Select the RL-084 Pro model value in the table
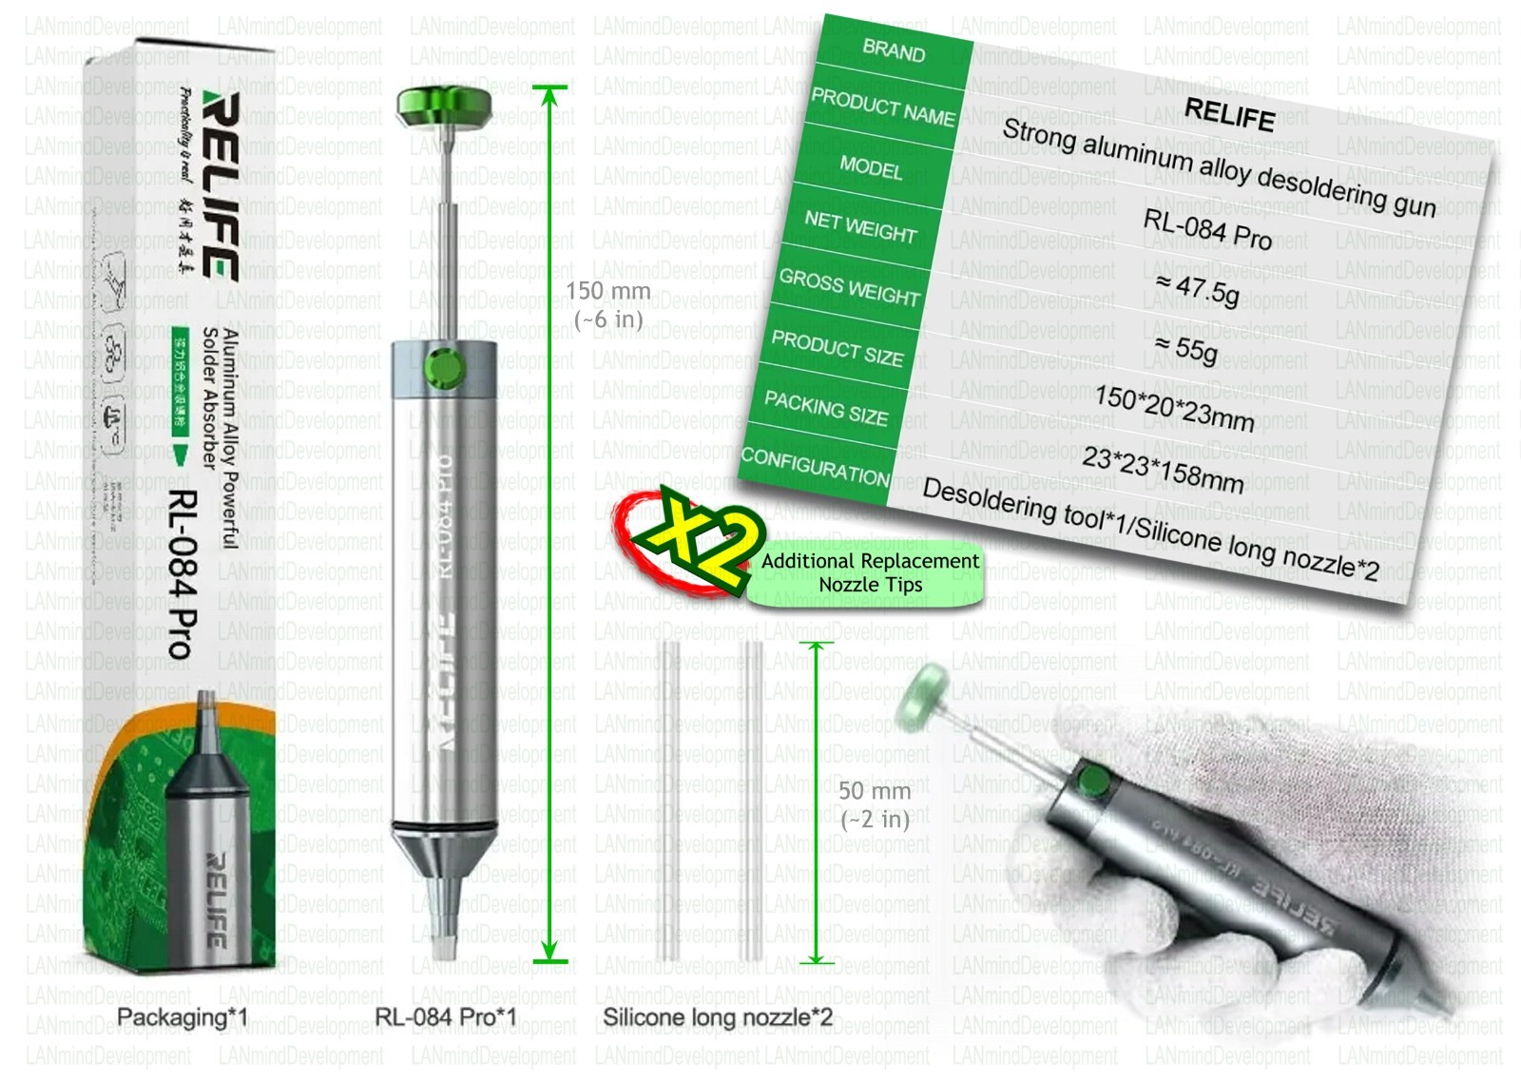(x=1206, y=229)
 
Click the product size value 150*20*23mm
(x=1174, y=407)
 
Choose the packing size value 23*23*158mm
(x=1163, y=469)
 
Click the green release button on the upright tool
(x=442, y=367)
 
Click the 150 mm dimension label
(x=608, y=303)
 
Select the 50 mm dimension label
(x=875, y=804)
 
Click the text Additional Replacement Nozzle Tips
(x=870, y=572)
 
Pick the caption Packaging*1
(x=182, y=1017)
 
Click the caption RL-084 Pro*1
(x=445, y=1017)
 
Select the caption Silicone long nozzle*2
(x=718, y=1017)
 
